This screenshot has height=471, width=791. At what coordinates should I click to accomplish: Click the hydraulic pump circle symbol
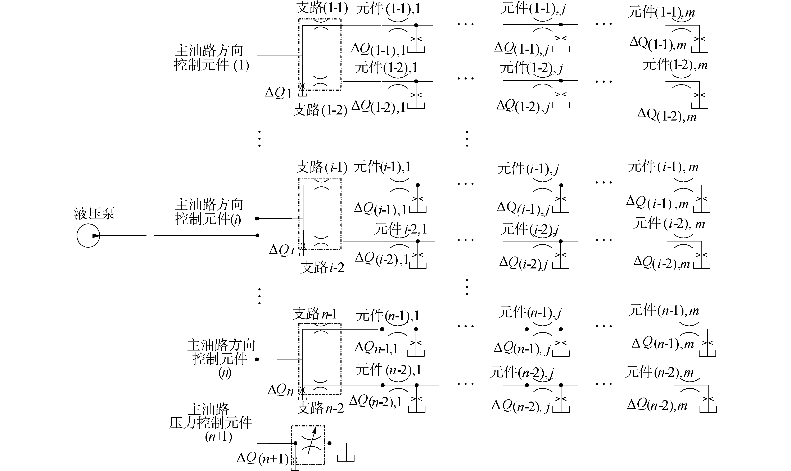coord(88,236)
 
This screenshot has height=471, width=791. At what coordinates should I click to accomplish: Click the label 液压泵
coord(95,214)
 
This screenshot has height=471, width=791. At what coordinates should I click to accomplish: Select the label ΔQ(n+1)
coord(263,458)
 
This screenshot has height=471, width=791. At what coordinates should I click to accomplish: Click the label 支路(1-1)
coord(322,8)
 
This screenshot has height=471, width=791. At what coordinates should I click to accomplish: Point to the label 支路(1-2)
coord(320,110)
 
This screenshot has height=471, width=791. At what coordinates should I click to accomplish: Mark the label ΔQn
coord(281,390)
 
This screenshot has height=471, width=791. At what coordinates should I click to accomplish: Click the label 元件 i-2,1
coord(400,229)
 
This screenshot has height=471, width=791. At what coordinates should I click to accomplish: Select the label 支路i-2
coord(322,268)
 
